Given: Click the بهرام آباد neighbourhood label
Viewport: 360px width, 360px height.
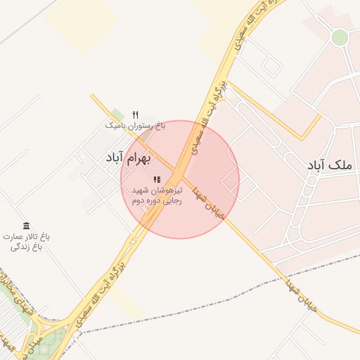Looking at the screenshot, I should pos(128,157).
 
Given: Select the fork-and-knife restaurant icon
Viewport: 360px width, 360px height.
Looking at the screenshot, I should pos(136,115).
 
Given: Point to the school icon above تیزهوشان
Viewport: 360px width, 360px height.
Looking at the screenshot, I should pos(157,180).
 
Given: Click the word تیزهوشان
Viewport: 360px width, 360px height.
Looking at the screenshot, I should pos(169,191).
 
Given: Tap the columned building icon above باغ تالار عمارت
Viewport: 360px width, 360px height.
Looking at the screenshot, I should pos(27,226).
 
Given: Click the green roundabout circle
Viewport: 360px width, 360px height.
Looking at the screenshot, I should pos(340,37).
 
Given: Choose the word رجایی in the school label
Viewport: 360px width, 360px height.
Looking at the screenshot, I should pos(175,200).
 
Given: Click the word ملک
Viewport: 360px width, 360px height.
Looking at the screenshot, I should pos(343,165).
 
